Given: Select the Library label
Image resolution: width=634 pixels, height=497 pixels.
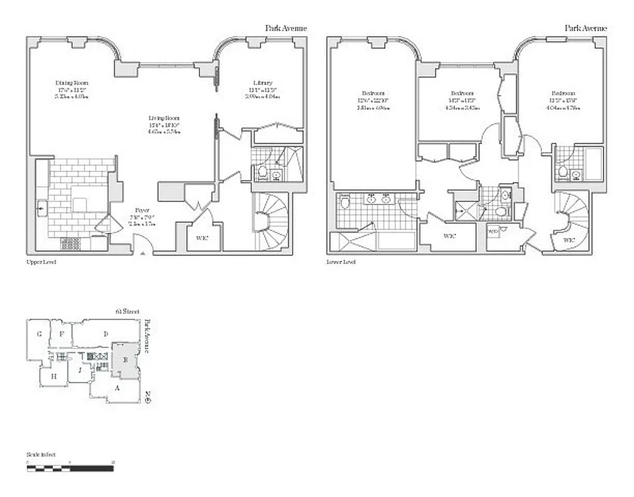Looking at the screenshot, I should tap(262, 83).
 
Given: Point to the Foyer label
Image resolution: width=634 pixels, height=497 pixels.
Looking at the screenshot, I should tap(142, 210).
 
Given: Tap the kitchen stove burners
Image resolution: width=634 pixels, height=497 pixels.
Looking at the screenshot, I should tap(70, 244).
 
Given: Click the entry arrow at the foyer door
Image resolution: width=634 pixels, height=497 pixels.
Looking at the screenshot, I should tap(143, 253).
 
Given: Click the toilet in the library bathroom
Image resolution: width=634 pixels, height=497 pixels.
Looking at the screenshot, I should tap(262, 172).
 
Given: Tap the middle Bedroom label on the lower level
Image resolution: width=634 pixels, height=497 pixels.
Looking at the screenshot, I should tap(461, 93).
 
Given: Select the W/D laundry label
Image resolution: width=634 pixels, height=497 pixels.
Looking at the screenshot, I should tap(494, 232).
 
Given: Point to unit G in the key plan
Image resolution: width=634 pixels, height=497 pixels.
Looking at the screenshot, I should tap(39, 334).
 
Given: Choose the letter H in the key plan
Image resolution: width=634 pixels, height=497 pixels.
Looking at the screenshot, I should tap(54, 376).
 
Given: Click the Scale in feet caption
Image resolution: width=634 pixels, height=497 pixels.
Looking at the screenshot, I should tap(41, 455).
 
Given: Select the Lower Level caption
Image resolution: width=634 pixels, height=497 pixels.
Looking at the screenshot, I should tap(341, 262).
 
